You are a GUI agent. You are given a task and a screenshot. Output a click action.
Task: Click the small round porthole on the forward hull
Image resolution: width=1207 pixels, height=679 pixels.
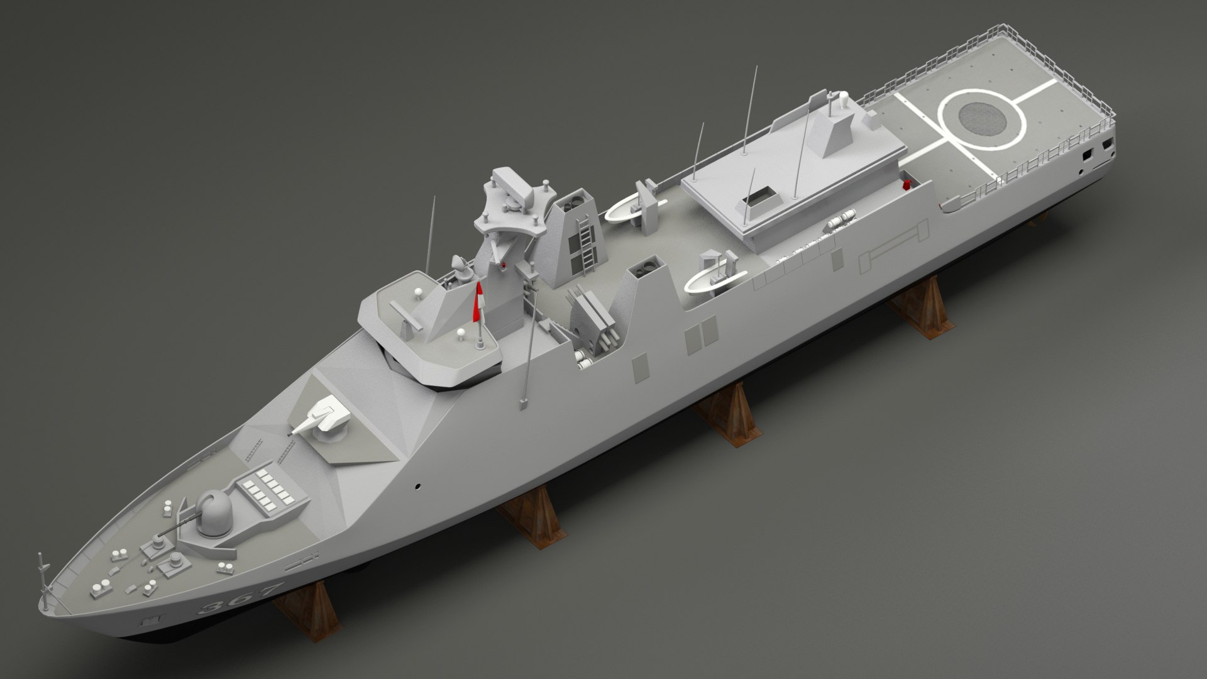pyautogui.click(x=417, y=486)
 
